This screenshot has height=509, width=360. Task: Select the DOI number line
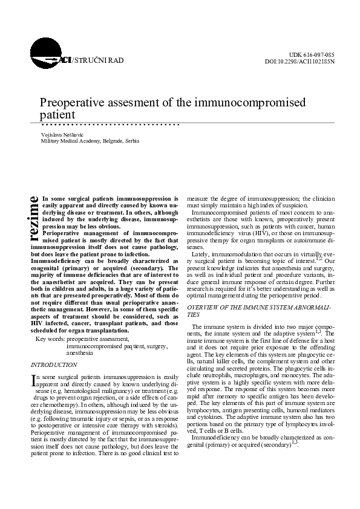300,62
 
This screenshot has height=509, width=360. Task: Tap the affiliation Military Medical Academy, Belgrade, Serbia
90,141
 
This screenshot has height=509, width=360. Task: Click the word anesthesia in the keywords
80,352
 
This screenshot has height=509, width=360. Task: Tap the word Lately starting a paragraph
201,256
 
